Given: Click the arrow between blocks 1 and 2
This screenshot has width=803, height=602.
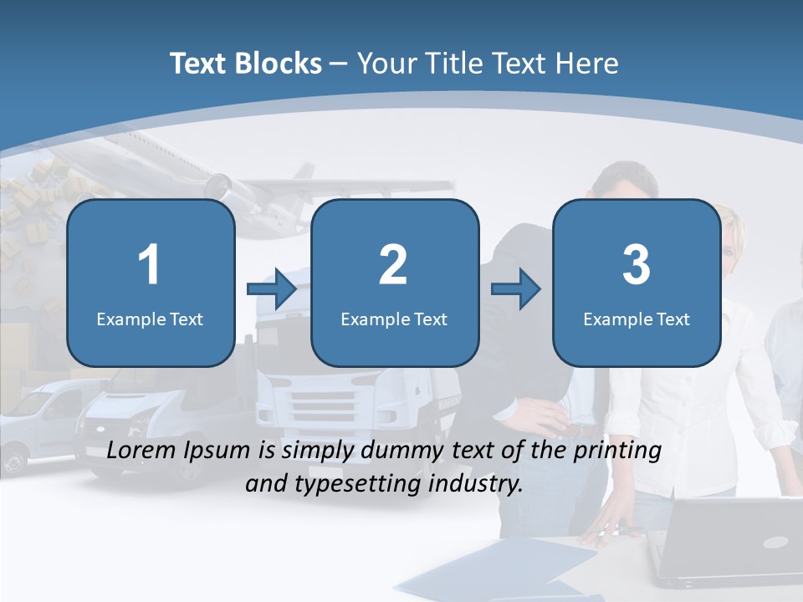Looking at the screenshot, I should (x=272, y=289).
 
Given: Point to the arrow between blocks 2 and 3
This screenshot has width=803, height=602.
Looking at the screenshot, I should (x=516, y=289).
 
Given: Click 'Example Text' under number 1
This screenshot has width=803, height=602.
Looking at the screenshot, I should (x=150, y=319).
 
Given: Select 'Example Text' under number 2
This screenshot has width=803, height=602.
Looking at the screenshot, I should (x=394, y=319).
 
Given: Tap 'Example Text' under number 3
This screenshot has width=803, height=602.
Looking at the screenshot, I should (x=637, y=319).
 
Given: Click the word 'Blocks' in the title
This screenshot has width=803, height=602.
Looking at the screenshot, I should (x=278, y=64).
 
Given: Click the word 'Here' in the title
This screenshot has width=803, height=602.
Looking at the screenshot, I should (x=589, y=64).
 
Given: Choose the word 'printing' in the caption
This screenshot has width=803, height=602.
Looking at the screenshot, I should (x=615, y=450).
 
